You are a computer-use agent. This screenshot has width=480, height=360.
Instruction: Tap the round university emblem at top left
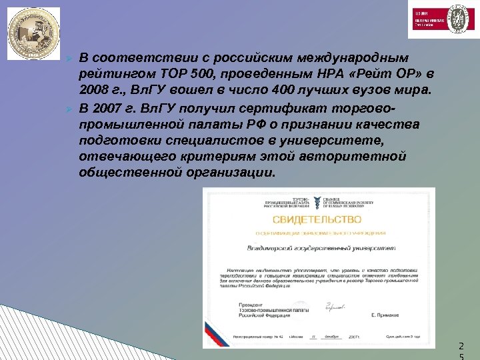33,33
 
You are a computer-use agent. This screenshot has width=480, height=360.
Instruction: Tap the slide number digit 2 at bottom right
459,346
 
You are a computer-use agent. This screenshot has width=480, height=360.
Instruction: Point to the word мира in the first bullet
399,89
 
